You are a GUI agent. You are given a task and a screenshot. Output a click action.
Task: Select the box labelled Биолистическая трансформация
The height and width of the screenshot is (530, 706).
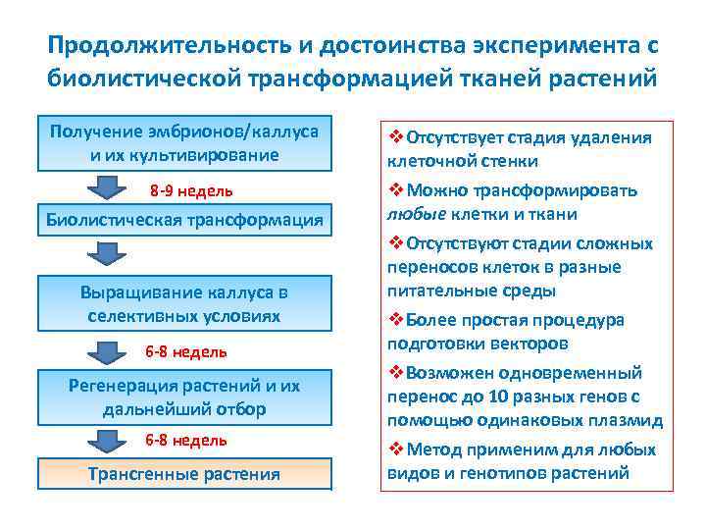pyautogui.click(x=184, y=219)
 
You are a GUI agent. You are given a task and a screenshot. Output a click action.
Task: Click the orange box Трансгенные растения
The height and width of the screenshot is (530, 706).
pyautogui.click(x=184, y=474)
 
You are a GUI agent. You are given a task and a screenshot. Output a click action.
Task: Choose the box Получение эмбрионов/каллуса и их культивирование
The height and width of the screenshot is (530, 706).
pyautogui.click(x=184, y=143)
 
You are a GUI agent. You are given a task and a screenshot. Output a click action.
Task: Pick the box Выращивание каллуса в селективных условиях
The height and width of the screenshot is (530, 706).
pyautogui.click(x=184, y=303)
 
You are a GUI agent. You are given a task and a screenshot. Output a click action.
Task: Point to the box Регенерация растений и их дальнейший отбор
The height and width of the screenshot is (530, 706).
pyautogui.click(x=184, y=397)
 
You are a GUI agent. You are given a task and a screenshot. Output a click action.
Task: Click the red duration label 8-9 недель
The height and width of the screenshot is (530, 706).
pyautogui.click(x=191, y=189)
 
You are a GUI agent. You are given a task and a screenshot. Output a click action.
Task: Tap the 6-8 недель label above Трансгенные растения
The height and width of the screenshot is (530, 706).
pyautogui.click(x=186, y=440)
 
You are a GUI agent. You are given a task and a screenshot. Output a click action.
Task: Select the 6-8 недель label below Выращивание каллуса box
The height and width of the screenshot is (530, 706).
pyautogui.click(x=186, y=351)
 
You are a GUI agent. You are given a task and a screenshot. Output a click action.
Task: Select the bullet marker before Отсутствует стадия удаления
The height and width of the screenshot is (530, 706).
pyautogui.click(x=395, y=137)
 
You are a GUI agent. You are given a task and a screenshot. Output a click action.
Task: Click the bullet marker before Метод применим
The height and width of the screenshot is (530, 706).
pyautogui.click(x=395, y=450)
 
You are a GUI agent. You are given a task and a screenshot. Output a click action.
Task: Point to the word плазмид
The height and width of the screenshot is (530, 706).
pyautogui.click(x=630, y=420)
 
